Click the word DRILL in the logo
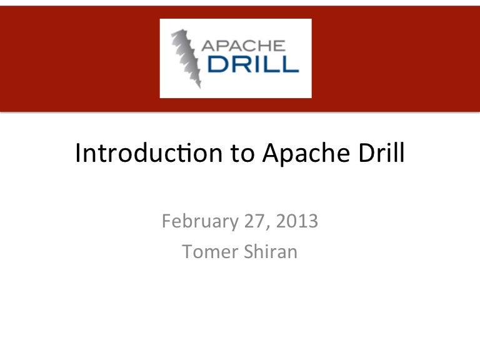249,64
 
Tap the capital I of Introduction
78,153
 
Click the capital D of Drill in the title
364,153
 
